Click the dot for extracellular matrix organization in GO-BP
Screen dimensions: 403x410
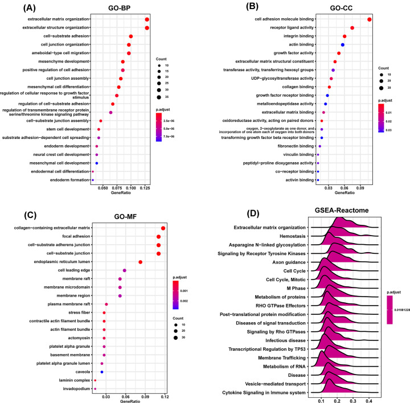(147, 19)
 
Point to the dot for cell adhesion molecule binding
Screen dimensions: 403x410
(370, 20)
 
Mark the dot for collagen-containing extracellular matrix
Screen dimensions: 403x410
(163, 228)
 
